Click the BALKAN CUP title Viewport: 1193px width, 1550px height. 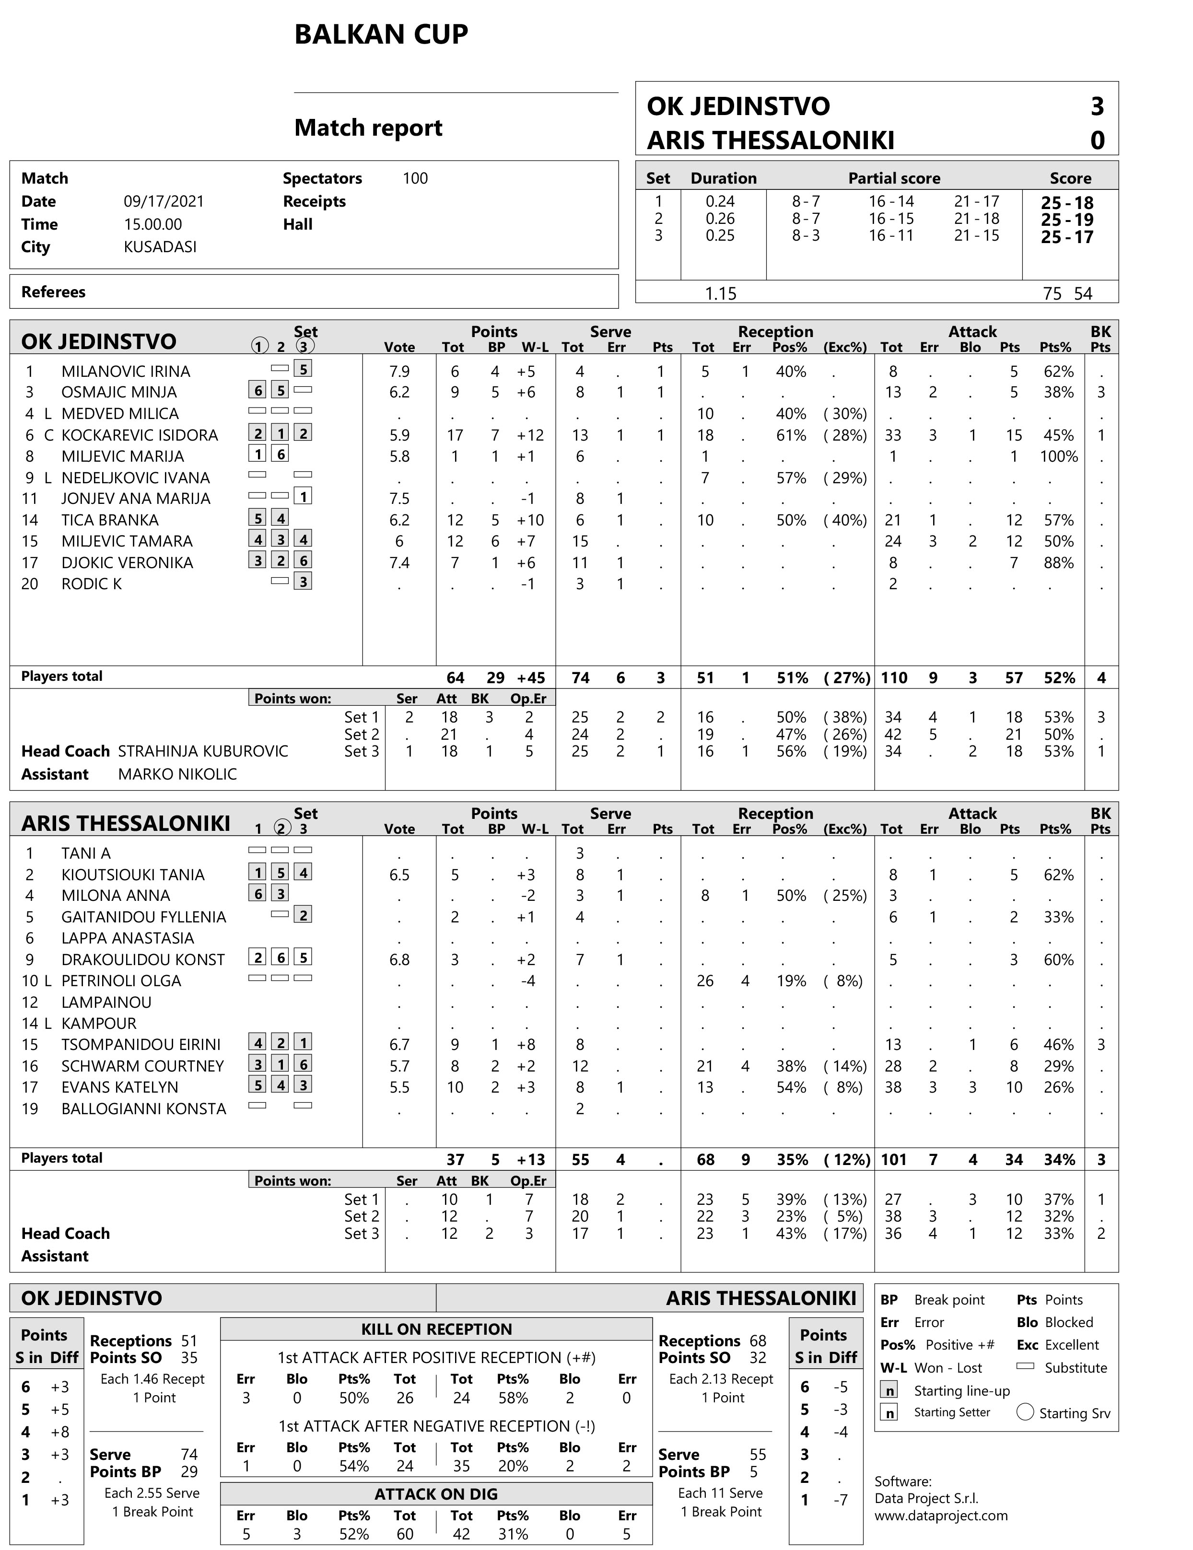(x=381, y=34)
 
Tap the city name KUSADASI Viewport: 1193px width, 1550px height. (x=160, y=247)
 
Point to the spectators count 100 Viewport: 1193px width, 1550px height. (x=415, y=178)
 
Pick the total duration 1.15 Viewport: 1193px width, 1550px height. (x=720, y=293)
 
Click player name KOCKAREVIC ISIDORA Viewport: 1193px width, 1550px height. (x=139, y=435)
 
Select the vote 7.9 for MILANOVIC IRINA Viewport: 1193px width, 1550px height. (x=399, y=371)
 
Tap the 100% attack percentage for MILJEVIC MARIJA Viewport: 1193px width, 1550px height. (x=1058, y=456)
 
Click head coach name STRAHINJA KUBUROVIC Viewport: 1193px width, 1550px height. (x=203, y=751)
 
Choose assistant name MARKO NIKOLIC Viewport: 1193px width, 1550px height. (x=177, y=774)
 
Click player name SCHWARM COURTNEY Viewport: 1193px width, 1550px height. (x=142, y=1066)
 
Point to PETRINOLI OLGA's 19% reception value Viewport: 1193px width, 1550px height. (x=791, y=981)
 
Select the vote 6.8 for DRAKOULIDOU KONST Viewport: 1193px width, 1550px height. (x=399, y=959)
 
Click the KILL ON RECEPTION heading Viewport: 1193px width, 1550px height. (x=436, y=1329)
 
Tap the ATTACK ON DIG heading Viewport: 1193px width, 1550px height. (x=436, y=1494)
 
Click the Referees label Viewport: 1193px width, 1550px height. (x=53, y=291)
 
